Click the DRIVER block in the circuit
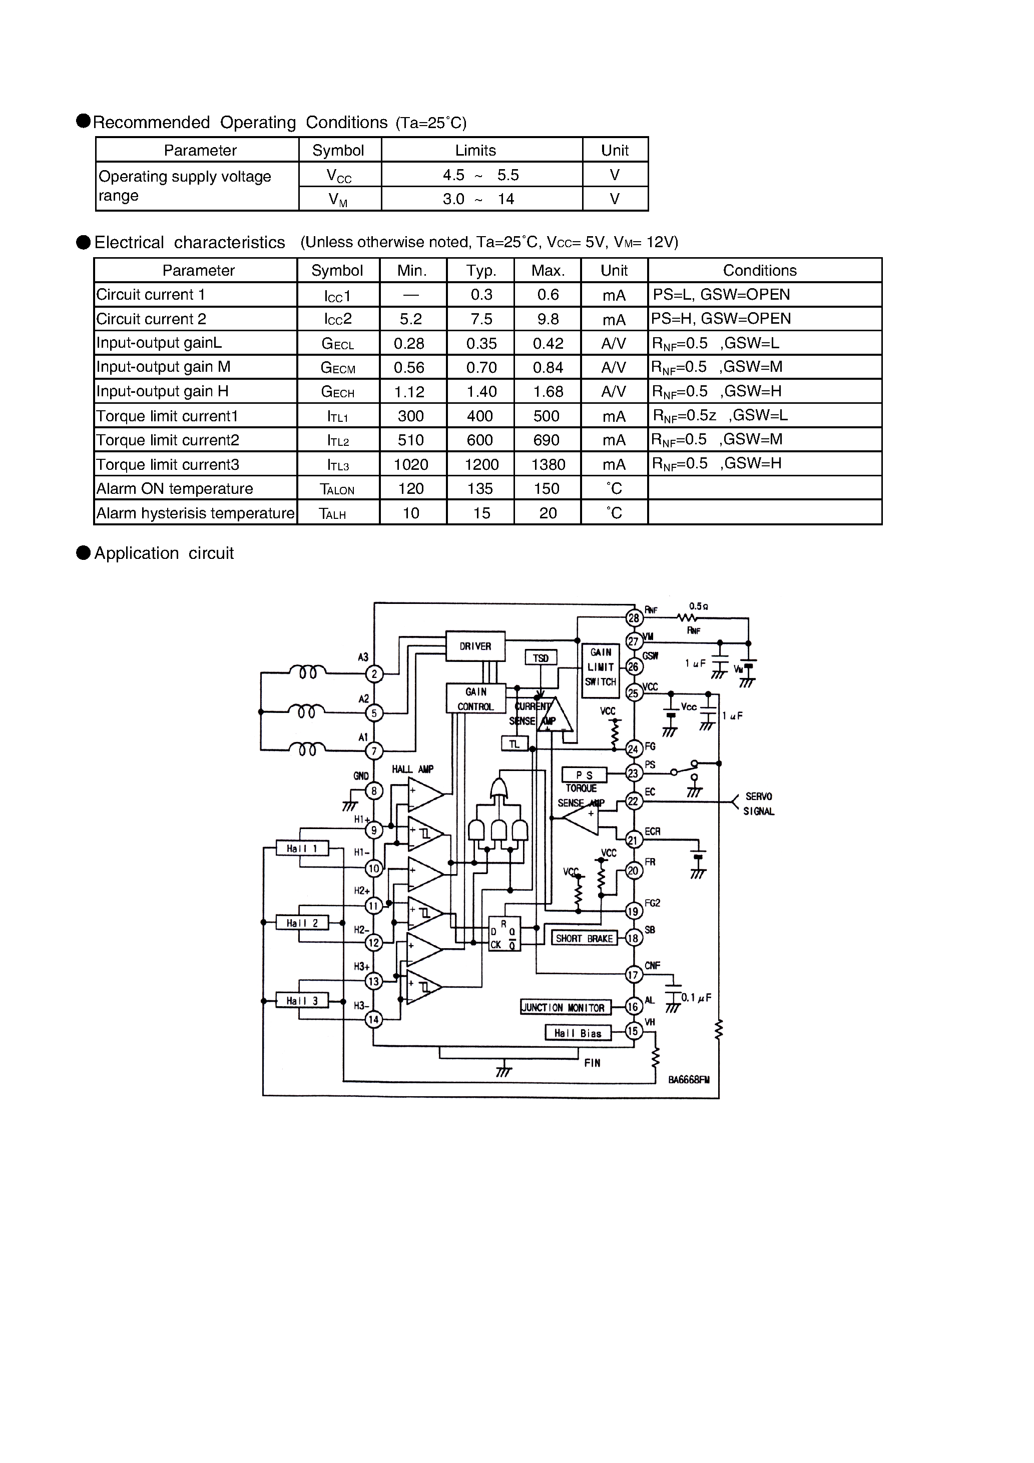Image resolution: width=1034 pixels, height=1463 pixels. (x=475, y=646)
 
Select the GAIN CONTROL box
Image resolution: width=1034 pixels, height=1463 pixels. (x=475, y=699)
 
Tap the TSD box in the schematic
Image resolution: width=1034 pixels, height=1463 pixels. (x=541, y=657)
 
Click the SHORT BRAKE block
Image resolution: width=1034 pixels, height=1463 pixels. (x=584, y=939)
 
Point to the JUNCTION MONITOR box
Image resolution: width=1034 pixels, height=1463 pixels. (x=565, y=1007)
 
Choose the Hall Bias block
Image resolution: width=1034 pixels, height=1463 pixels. (x=578, y=1033)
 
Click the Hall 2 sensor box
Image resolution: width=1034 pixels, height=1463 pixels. (x=302, y=923)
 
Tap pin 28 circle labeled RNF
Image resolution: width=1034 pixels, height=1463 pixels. (x=634, y=618)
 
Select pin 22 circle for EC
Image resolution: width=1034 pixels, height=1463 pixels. (x=633, y=801)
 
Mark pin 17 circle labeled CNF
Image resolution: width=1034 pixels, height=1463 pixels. (x=633, y=975)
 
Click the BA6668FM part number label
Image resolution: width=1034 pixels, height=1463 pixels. (x=689, y=1081)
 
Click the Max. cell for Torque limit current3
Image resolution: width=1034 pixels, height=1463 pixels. (x=548, y=464)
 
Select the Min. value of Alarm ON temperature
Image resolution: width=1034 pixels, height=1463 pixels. (x=411, y=489)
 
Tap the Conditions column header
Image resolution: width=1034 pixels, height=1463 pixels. (x=759, y=270)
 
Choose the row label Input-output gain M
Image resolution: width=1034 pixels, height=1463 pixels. (x=163, y=367)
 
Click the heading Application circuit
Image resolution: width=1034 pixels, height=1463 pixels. (x=164, y=553)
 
